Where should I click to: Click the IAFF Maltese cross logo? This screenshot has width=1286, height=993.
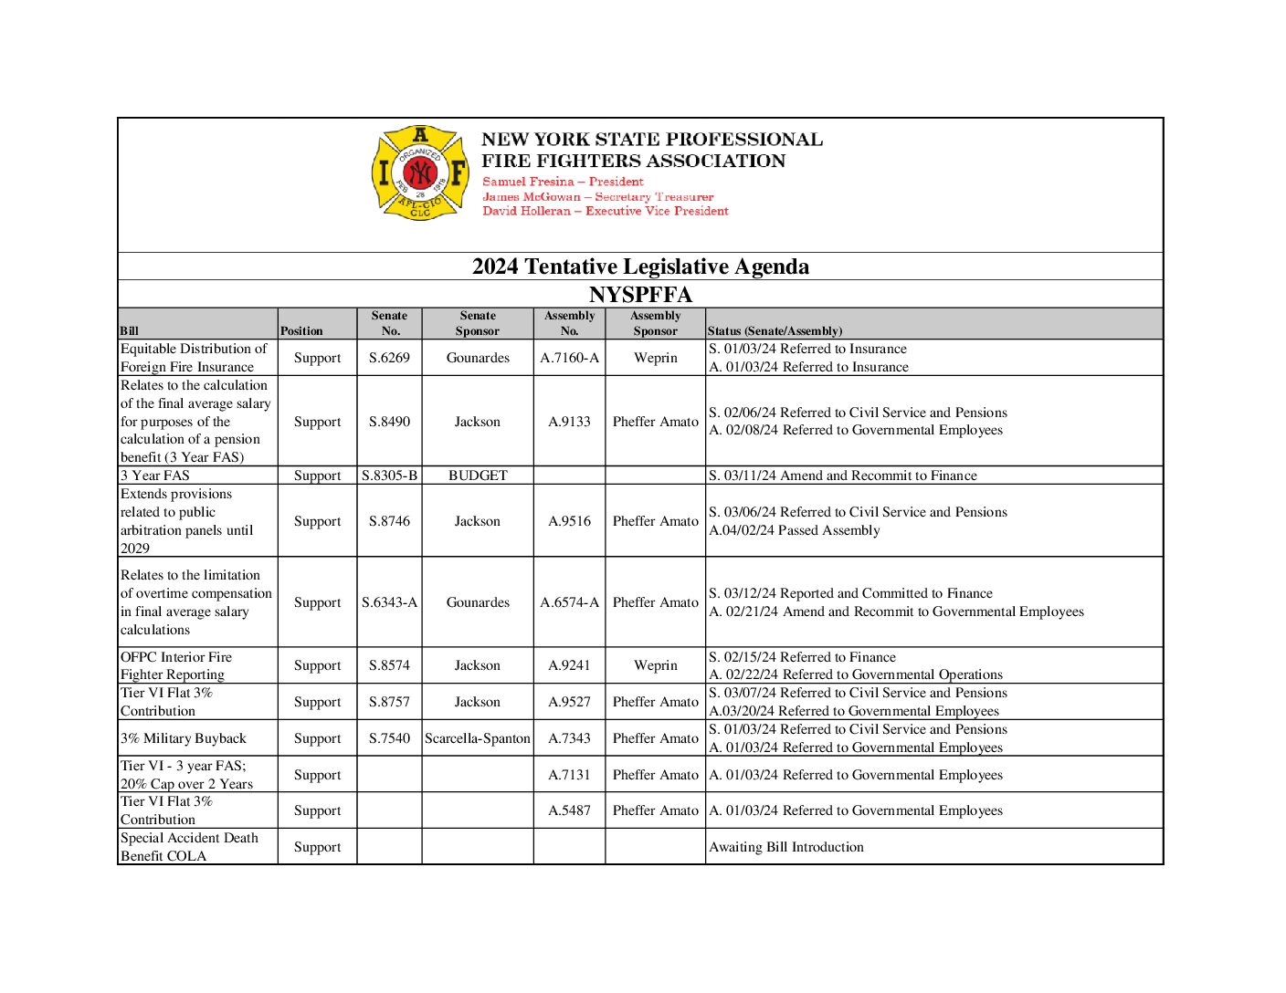(420, 172)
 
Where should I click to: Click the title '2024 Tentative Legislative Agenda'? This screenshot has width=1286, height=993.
(640, 267)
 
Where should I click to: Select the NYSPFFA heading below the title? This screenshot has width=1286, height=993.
(640, 295)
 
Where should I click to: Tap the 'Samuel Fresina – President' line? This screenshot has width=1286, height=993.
(563, 182)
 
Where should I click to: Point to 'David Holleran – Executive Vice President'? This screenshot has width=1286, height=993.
(605, 211)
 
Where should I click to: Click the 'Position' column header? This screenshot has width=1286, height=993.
(301, 330)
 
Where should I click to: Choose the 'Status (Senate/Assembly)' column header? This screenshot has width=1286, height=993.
(775, 330)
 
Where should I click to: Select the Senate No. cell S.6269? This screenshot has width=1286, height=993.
(389, 358)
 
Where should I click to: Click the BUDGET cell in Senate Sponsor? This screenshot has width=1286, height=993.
(478, 476)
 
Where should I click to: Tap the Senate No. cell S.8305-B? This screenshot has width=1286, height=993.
(389, 476)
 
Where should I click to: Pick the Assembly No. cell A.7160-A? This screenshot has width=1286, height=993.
(569, 358)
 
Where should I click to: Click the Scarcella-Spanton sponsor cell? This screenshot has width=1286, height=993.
(478, 738)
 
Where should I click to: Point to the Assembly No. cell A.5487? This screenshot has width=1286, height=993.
(569, 810)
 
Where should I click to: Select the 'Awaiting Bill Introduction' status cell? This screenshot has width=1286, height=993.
(786, 847)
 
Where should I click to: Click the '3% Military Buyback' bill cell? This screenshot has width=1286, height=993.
(184, 738)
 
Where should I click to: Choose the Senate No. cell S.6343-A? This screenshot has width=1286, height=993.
(389, 602)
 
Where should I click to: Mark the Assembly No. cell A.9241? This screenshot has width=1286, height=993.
(569, 665)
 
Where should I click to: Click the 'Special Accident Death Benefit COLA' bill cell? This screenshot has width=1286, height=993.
(189, 847)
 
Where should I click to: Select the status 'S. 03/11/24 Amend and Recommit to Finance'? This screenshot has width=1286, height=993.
(843, 476)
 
